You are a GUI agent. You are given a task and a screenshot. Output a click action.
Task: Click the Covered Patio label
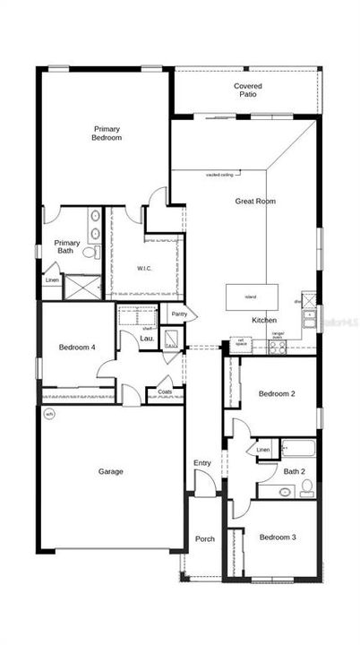tap(248, 90)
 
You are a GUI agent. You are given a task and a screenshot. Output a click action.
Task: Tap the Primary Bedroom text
tap(107, 133)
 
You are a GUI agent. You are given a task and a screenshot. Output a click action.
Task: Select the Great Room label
tap(255, 202)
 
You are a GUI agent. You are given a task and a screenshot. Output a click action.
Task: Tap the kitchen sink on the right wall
tap(309, 314)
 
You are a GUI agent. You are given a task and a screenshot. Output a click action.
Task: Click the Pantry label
tap(179, 314)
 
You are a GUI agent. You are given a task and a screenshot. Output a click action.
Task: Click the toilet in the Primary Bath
tap(89, 253)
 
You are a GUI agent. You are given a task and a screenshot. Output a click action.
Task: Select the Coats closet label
tap(165, 391)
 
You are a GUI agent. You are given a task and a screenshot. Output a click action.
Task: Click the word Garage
tap(111, 471)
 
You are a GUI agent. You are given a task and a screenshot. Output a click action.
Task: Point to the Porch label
tap(205, 538)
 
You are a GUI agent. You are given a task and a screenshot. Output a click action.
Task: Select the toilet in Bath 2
tap(306, 487)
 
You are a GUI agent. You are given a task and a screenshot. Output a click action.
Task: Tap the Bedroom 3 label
tap(277, 537)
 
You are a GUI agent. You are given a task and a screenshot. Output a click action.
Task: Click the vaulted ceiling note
tap(221, 175)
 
